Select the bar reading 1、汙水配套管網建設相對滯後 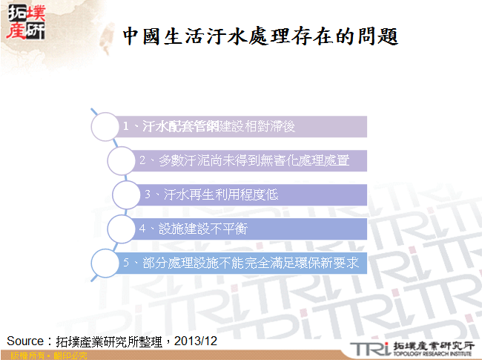pyautogui.click(x=242, y=126)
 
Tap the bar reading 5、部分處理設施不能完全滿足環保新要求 pyautogui.click(x=242, y=263)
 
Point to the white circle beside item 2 pyautogui.click(x=122, y=160)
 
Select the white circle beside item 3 pyautogui.click(x=127, y=194)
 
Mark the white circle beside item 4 pyautogui.click(x=122, y=229)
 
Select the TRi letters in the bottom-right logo pyautogui.click(x=369, y=348)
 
